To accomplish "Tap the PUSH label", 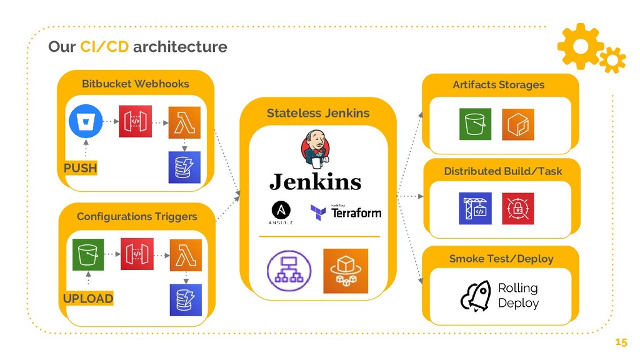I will coord(81,168).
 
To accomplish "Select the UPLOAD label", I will coord(88,298).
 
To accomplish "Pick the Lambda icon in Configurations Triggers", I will coord(186,255).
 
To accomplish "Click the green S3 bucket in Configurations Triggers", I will coord(87,255).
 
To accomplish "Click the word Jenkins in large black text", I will coord(315,182).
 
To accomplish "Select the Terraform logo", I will coord(346,212).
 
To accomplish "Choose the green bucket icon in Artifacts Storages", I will coord(476,124).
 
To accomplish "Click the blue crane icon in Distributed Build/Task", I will coord(475,208).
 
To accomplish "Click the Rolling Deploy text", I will coord(518,296).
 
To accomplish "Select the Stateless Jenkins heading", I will coord(318,113).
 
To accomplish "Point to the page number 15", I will coord(621,342).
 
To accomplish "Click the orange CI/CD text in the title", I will coord(104,47).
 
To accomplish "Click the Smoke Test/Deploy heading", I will coord(501,258).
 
